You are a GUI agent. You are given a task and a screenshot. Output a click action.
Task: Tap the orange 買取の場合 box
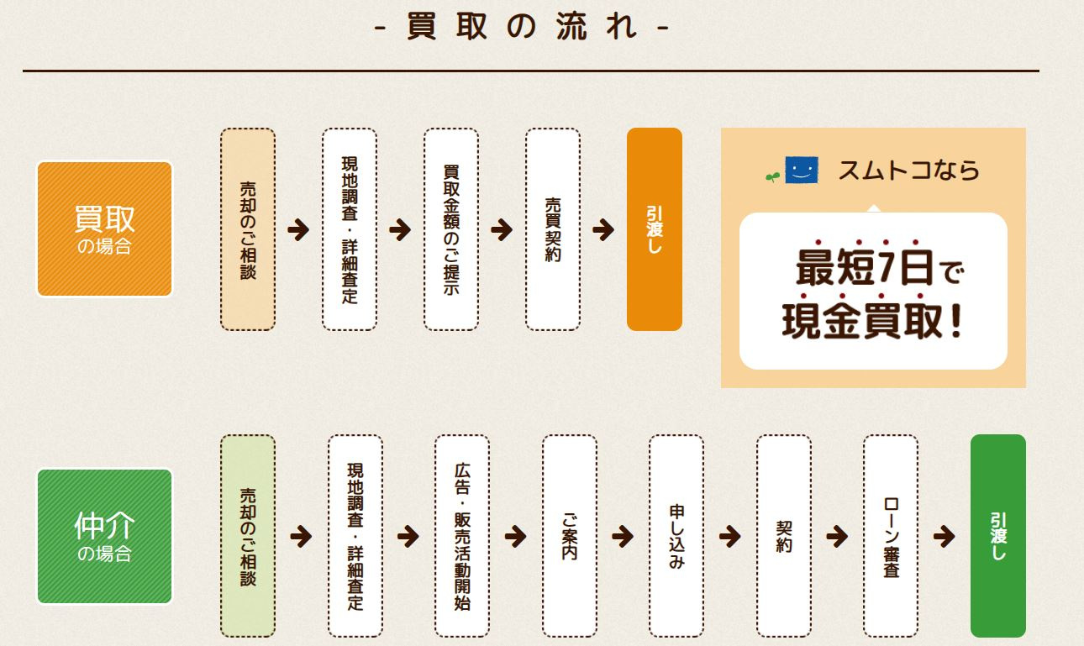click(x=104, y=228)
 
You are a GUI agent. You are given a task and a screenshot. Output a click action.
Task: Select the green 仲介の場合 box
click(x=104, y=536)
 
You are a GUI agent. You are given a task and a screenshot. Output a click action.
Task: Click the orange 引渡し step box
click(x=654, y=229)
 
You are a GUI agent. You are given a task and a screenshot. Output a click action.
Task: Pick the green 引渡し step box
click(x=997, y=536)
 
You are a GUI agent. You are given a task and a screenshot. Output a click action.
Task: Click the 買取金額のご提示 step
click(x=451, y=229)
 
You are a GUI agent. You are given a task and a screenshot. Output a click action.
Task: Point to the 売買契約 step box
click(x=552, y=229)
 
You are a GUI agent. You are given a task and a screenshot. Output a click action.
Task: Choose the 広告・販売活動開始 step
click(x=462, y=536)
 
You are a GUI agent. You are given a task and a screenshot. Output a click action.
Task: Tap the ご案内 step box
click(x=569, y=536)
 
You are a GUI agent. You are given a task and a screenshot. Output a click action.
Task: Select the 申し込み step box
click(x=676, y=536)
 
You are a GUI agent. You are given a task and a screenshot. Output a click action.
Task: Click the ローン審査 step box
click(x=891, y=536)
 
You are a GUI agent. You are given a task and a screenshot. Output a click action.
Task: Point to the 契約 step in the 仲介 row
click(x=783, y=536)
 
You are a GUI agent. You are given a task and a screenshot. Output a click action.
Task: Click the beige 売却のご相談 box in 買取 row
click(x=248, y=229)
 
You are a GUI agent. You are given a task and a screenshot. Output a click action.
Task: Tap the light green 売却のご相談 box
click(x=248, y=536)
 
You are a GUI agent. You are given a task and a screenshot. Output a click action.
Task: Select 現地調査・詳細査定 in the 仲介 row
click(x=355, y=536)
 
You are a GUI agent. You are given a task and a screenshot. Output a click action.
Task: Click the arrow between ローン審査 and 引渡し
click(x=944, y=536)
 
